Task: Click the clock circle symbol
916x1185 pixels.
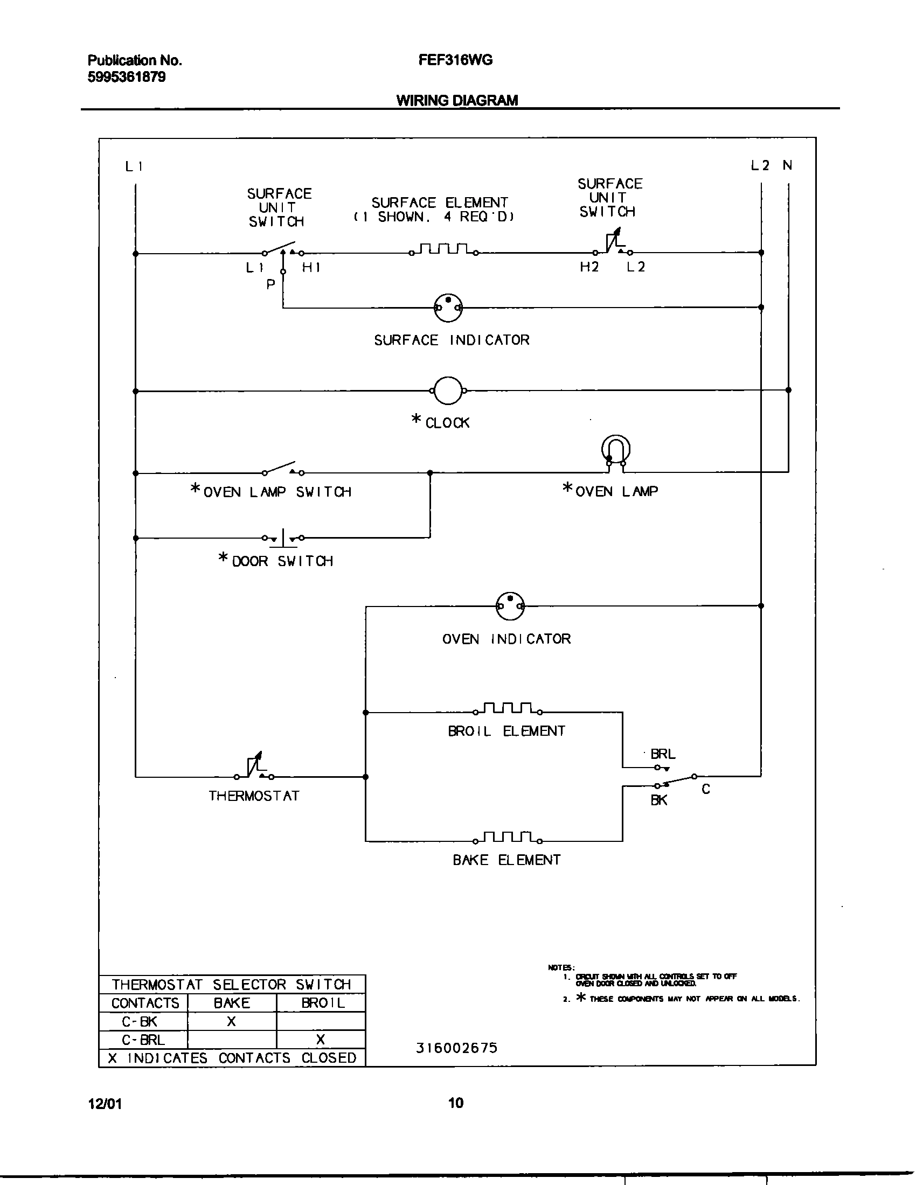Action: pyautogui.click(x=448, y=390)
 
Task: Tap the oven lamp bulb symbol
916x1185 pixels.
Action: pyautogui.click(x=616, y=450)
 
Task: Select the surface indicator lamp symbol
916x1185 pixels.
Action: pyautogui.click(x=448, y=308)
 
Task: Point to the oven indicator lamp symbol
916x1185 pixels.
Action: pyautogui.click(x=510, y=605)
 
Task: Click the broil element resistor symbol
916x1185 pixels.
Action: pyautogui.click(x=508, y=709)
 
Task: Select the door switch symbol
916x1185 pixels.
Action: pyautogui.click(x=283, y=538)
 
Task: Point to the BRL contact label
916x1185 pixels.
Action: pyautogui.click(x=663, y=754)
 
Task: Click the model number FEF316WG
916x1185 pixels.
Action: pyautogui.click(x=455, y=60)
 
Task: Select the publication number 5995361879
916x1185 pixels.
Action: pyautogui.click(x=127, y=77)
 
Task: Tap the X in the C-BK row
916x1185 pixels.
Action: pyautogui.click(x=231, y=1022)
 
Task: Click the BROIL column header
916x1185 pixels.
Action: pyautogui.click(x=323, y=1003)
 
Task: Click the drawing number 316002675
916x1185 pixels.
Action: pyautogui.click(x=456, y=1048)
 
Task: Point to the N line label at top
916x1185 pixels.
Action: pyautogui.click(x=787, y=165)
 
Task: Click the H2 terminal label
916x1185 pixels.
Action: pyautogui.click(x=589, y=267)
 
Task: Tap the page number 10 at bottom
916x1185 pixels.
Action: pyautogui.click(x=456, y=1103)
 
